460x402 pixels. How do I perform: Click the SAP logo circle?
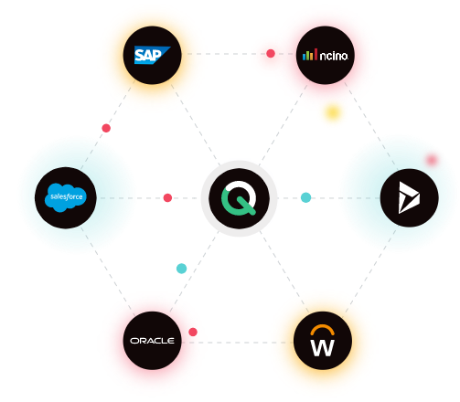coord(152,55)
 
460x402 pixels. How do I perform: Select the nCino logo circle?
coord(326,55)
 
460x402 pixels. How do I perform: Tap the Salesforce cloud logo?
coord(66,197)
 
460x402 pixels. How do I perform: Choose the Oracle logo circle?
coord(152,341)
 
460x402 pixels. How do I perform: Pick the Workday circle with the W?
coord(323,341)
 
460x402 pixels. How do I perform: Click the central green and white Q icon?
coord(239,198)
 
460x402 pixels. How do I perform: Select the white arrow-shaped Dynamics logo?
coord(409,197)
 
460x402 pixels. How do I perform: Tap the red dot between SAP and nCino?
coord(271,53)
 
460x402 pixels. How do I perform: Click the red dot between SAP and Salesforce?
coord(106,128)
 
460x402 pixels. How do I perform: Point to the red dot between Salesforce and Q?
coord(167,197)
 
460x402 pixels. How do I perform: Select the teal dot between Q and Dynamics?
coord(305,197)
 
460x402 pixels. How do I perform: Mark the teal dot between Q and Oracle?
coord(181,269)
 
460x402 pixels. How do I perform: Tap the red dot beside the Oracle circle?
coord(193,332)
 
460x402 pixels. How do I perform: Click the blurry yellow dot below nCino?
coord(333,112)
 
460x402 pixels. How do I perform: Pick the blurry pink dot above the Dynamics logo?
coord(432,160)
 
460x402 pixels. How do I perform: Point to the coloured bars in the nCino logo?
coord(310,55)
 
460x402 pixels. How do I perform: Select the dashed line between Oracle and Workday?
coord(238,343)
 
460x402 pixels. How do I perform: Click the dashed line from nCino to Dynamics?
coord(371,126)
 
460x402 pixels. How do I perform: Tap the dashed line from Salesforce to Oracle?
coord(108,271)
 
